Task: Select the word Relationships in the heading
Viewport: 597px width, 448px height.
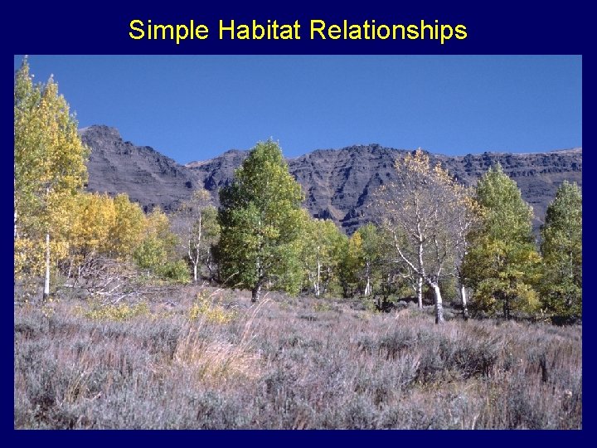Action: (388, 32)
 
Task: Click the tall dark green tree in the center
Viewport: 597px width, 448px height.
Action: (260, 207)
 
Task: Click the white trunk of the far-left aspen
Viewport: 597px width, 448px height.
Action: (46, 265)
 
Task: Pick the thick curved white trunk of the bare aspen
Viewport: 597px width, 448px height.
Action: (436, 303)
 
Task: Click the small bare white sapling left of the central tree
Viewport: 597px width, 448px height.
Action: (197, 249)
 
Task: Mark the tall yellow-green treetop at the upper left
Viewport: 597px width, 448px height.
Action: (41, 124)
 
